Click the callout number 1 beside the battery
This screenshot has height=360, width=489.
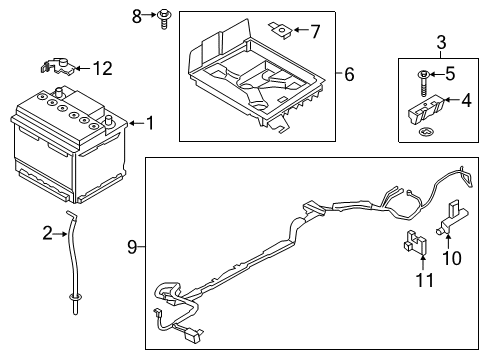[x=150, y=123]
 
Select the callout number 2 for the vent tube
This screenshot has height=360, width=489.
[x=47, y=233]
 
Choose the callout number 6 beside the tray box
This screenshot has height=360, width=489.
[x=350, y=73]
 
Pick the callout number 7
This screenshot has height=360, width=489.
[x=315, y=31]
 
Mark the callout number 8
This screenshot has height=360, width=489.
[x=138, y=16]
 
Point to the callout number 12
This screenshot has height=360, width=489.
[x=102, y=68]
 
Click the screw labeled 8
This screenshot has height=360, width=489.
[x=160, y=16]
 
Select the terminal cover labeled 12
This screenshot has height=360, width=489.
[x=58, y=68]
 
